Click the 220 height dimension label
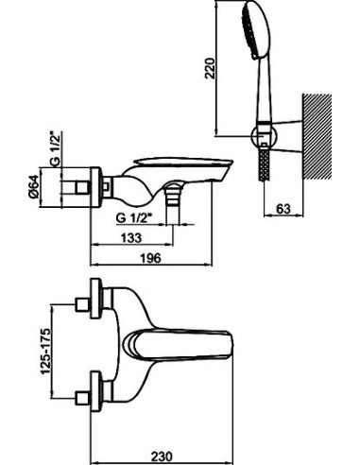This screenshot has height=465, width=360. (x=210, y=68)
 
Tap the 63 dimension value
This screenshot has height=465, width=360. (x=283, y=208)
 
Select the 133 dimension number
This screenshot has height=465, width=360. (x=131, y=238)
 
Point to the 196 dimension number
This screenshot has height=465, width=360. (x=150, y=258)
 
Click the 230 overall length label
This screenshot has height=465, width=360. (x=163, y=456)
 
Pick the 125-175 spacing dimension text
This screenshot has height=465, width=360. (x=45, y=351)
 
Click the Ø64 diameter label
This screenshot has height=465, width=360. (x=33, y=186)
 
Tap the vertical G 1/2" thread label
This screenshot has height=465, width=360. (x=55, y=148)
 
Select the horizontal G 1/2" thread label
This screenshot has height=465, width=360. (x=134, y=218)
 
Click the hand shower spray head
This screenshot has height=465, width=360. (x=256, y=30)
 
